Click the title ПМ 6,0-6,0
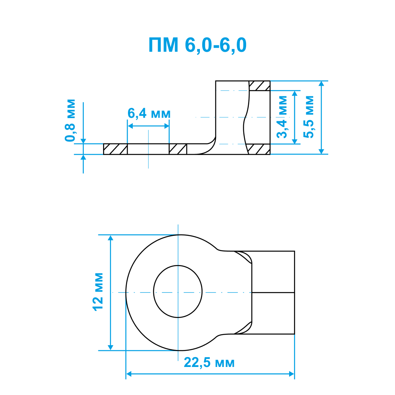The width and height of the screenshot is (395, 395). point(197,45)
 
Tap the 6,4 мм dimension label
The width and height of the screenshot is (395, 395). point(149,113)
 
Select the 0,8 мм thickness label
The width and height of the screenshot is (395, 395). point(70,120)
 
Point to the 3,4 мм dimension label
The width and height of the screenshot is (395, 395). point(282,117)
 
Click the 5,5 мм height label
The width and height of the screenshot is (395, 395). point(308,117)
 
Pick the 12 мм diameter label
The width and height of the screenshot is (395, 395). point(98,292)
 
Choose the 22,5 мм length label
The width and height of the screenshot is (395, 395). point(209,363)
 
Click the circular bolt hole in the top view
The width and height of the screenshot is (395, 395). point(178,292)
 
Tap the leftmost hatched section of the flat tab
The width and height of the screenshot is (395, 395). point(115,149)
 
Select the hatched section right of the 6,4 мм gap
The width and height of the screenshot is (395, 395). point(178,149)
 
